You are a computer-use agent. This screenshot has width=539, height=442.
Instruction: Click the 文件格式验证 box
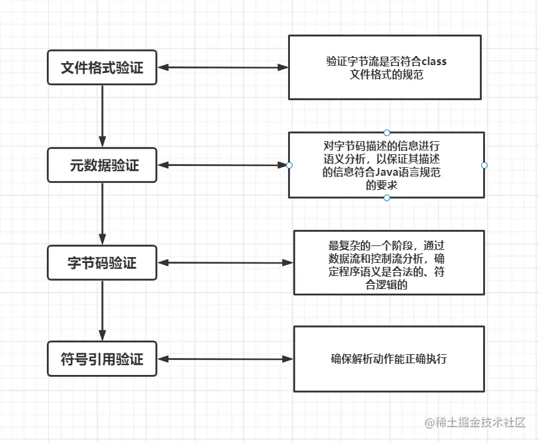[103, 68]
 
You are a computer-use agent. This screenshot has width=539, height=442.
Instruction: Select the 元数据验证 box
[103, 165]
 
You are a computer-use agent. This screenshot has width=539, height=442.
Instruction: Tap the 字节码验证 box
[103, 263]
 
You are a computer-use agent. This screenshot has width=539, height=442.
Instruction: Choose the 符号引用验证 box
[103, 359]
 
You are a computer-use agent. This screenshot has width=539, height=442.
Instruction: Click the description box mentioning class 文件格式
[385, 67]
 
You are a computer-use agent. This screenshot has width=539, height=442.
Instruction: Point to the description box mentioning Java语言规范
[387, 165]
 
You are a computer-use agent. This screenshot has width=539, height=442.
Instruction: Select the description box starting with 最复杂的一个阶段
[389, 262]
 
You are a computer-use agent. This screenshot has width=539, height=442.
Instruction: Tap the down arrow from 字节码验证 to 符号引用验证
[102, 311]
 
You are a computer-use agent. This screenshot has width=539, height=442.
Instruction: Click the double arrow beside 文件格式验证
[223, 67]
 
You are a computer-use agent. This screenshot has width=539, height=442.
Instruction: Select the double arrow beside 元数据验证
[223, 165]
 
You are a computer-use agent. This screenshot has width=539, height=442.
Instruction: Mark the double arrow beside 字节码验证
[226, 262]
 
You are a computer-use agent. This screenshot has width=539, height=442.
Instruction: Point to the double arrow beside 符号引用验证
[226, 359]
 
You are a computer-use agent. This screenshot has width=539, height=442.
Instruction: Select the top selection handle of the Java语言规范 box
[387, 132]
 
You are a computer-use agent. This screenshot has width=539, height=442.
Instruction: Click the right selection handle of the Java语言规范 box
[484, 165]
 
